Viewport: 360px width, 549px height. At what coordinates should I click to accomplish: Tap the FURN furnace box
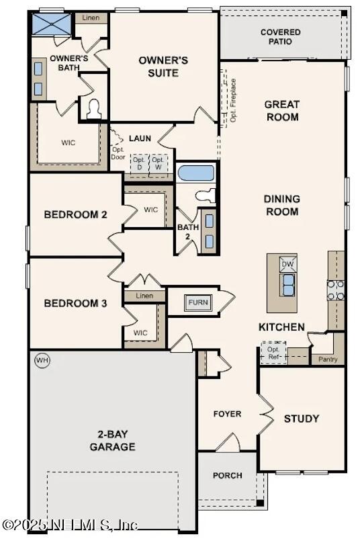tap(197, 302)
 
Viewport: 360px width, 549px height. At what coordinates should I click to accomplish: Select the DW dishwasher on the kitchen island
tap(287, 264)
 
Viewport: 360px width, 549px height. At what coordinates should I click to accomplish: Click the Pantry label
tap(327, 360)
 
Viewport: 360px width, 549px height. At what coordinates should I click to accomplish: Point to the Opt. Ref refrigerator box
tap(273, 353)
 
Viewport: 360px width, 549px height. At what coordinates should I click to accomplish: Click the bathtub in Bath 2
tap(196, 173)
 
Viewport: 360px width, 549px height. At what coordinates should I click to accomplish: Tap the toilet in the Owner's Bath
tap(94, 108)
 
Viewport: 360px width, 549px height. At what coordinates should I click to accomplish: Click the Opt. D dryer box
tap(139, 163)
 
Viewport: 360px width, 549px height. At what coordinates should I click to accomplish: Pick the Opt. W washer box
tap(158, 163)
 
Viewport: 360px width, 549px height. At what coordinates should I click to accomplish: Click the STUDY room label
tap(302, 419)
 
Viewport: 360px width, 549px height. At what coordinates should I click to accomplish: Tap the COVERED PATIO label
tap(281, 37)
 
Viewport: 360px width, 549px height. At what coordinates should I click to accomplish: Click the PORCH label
tap(227, 476)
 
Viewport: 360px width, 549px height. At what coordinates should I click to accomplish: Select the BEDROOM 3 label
tap(75, 303)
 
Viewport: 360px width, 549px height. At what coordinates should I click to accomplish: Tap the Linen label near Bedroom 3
tap(144, 296)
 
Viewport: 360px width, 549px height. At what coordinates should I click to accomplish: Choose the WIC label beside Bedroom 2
tap(151, 210)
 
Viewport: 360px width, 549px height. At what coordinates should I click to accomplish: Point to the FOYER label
tap(227, 414)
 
